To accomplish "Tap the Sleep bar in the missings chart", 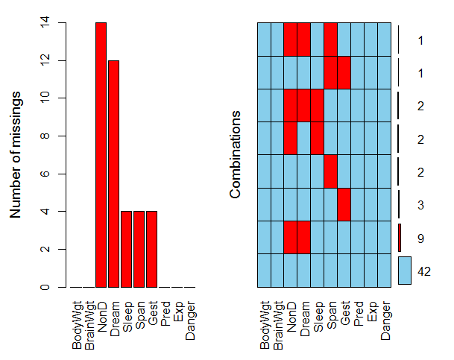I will click(x=126, y=249).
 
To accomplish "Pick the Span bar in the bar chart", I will click(x=139, y=249).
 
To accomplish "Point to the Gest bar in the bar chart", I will click(x=152, y=249).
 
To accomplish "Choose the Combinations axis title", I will click(x=236, y=155).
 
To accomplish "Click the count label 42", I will click(x=424, y=272).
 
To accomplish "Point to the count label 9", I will click(x=420, y=239).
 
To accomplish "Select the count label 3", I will click(x=420, y=205).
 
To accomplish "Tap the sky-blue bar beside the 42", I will click(x=405, y=271).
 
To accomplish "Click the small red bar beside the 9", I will click(x=400, y=238).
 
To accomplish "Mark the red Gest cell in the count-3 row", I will click(x=344, y=205).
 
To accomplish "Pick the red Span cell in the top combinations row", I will click(x=331, y=40).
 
